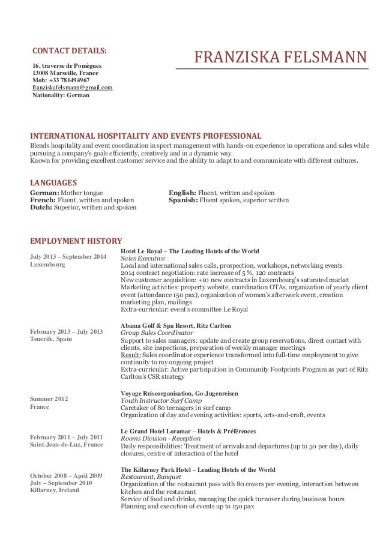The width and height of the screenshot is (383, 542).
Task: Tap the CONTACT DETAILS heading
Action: coord(69,49)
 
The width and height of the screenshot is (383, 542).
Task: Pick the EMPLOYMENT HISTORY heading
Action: coord(76,241)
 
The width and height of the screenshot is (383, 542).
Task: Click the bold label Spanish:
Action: coord(183,200)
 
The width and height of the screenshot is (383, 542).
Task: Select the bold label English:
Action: coord(183,192)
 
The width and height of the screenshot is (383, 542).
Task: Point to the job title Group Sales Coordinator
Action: coord(157,332)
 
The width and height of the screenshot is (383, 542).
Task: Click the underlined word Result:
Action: coord(131,354)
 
